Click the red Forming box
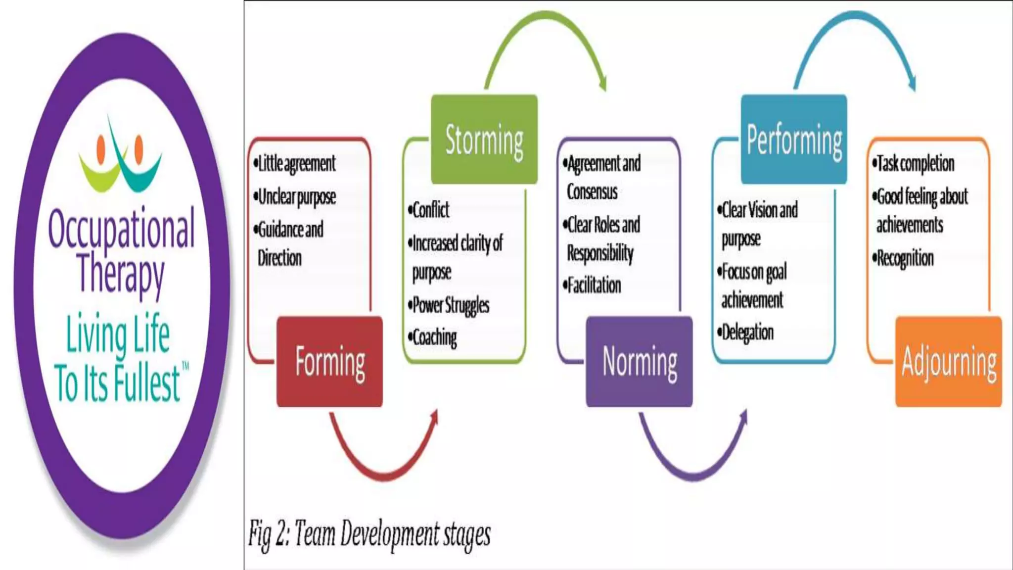329,362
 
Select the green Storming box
484,140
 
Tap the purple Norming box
639,362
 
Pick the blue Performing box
794,140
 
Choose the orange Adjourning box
949,362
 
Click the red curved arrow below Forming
383,470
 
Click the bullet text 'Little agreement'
296,164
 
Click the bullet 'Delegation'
747,332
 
